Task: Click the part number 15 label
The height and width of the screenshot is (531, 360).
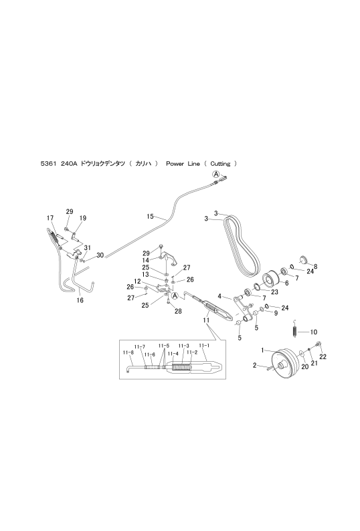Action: [150, 216]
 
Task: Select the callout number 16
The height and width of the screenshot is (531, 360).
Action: [80, 300]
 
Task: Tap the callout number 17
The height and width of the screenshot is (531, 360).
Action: [50, 218]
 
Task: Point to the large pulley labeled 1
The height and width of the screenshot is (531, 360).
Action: [285, 364]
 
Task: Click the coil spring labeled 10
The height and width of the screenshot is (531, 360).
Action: [295, 329]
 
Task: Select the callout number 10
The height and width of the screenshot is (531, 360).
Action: [314, 332]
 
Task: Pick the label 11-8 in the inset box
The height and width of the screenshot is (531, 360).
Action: [128, 352]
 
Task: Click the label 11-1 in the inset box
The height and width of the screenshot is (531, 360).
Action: [204, 345]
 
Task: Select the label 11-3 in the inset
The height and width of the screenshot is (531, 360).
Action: [183, 346]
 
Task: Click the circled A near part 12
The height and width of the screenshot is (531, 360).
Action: [175, 296]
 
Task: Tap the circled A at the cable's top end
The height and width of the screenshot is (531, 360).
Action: [216, 174]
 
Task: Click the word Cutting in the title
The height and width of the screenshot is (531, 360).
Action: [220, 164]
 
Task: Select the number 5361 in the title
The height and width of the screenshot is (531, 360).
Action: [47, 164]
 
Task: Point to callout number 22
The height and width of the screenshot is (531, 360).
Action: [323, 356]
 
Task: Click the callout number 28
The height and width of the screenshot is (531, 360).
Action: [178, 311]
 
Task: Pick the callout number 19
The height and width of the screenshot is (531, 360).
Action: [83, 218]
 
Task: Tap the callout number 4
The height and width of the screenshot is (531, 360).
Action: [219, 297]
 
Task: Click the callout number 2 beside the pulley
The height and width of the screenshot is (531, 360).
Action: [255, 365]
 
